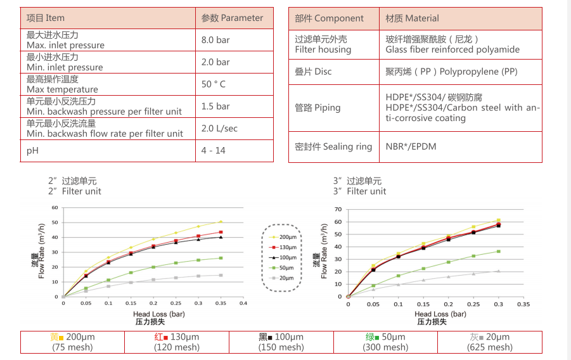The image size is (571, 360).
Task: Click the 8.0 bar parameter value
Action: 215,40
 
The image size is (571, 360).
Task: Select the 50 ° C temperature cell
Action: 214,84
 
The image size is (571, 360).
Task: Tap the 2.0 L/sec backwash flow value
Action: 219,129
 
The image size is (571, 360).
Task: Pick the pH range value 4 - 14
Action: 213,151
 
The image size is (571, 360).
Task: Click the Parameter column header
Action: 232,18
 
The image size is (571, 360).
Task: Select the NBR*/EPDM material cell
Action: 411,147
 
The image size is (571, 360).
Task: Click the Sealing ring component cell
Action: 333,147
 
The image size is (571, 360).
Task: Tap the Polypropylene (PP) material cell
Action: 451,72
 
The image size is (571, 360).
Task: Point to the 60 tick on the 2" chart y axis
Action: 55,207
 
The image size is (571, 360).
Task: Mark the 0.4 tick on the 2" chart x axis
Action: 243,303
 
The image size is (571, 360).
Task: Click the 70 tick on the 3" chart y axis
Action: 338,209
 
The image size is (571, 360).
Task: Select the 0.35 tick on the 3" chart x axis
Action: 523,304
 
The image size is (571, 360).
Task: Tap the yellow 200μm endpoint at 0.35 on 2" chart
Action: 221,222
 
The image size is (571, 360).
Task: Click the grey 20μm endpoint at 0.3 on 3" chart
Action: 498,271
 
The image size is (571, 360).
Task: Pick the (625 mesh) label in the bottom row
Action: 490,347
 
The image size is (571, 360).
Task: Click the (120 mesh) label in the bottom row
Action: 177,347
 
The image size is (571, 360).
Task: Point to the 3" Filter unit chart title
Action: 359,191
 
